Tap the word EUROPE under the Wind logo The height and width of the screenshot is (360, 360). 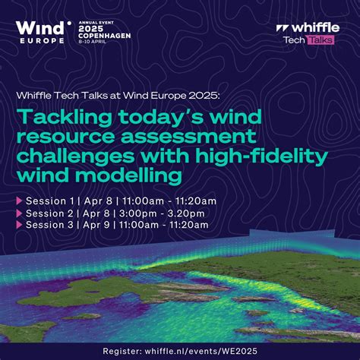(40, 40)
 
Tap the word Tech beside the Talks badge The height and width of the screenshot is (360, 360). (295, 39)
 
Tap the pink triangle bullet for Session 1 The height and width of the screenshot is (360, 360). (19, 201)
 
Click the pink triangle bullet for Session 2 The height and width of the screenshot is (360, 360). (19, 213)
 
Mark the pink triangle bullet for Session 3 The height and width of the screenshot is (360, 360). (19, 226)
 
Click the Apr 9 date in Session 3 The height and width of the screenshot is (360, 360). (98, 226)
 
